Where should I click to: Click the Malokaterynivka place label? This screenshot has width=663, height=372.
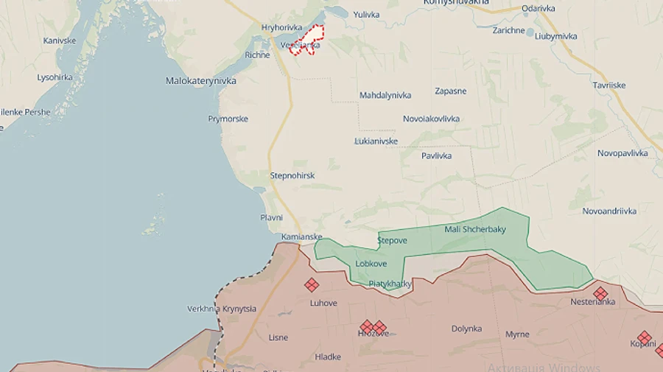(201, 81)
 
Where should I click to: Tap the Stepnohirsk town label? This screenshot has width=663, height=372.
(292, 175)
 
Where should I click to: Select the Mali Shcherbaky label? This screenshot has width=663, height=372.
(475, 229)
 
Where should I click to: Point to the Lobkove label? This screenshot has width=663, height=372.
(371, 263)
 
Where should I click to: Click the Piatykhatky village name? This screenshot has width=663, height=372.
(390, 283)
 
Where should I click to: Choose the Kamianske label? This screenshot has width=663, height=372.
(301, 236)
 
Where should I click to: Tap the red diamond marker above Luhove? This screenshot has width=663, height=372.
(312, 285)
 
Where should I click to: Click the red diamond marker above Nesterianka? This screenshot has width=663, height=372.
(600, 293)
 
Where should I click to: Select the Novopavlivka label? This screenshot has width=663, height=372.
(622, 153)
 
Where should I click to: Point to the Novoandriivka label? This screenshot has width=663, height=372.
(609, 211)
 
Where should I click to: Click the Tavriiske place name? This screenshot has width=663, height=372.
(609, 85)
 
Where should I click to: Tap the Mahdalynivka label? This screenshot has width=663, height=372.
(385, 95)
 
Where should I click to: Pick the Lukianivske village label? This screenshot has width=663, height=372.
(376, 141)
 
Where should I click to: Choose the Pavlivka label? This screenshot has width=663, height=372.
(436, 155)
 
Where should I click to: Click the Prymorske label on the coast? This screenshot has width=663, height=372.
(228, 119)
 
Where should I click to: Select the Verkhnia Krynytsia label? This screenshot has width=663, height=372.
(222, 309)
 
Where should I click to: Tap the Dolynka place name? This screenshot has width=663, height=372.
(466, 329)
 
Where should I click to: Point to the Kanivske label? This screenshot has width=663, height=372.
(60, 41)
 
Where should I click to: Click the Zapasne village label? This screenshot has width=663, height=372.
(450, 91)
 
